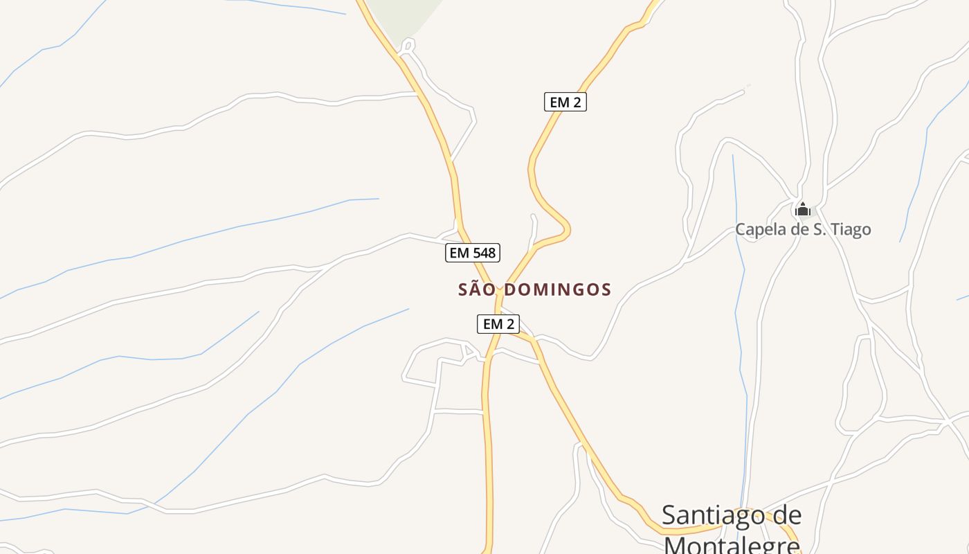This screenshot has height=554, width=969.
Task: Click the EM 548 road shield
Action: pyautogui.click(x=473, y=253)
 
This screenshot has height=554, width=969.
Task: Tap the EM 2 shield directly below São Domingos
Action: pyautogui.click(x=498, y=323)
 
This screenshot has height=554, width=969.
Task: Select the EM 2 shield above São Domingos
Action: pyautogui.click(x=565, y=102)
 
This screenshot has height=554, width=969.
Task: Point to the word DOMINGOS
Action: pyautogui.click(x=557, y=289)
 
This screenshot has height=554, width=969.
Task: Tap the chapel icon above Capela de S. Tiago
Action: pyautogui.click(x=803, y=208)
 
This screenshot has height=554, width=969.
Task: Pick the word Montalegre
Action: pyautogui.click(x=732, y=544)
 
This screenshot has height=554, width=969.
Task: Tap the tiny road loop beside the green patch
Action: pyautogui.click(x=408, y=46)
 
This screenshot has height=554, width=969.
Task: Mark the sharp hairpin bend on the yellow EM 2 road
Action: pyautogui.click(x=567, y=228)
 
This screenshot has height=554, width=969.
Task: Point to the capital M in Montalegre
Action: pyautogui.click(x=677, y=545)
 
